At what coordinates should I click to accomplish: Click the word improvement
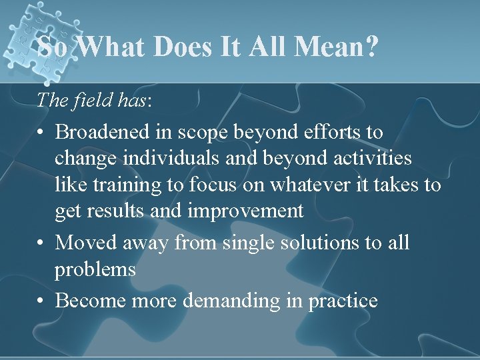click(x=246, y=211)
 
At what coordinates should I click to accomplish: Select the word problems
click(x=95, y=270)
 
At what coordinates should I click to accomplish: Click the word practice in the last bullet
click(x=343, y=301)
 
